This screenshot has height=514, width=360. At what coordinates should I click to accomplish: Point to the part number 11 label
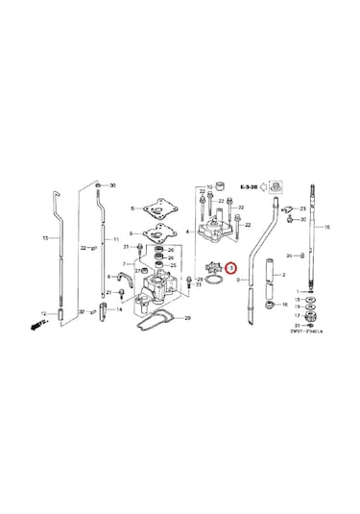coord(116,237)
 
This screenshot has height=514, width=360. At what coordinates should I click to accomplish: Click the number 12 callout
coord(42,313)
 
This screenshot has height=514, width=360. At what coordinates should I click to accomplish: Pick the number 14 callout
coord(117,309)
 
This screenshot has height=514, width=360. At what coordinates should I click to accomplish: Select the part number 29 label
coord(187,317)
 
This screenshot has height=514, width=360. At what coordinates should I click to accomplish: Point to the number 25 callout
coord(173,264)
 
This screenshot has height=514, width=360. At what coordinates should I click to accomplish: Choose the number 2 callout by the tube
coord(282,274)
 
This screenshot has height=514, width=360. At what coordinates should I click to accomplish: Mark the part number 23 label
coord(302,208)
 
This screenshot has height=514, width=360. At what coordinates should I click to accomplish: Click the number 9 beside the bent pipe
coord(237,280)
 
